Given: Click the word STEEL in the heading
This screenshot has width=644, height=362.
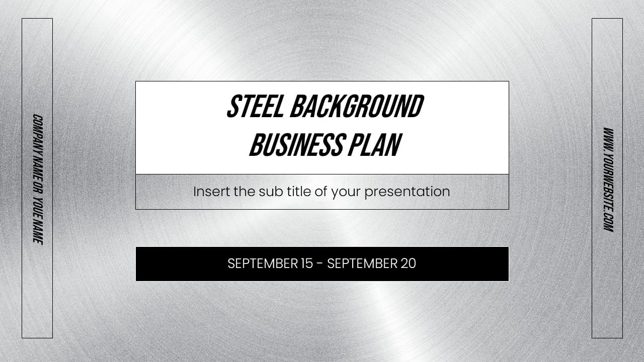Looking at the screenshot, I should [256, 107].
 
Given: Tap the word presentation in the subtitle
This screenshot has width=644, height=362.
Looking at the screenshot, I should [407, 192].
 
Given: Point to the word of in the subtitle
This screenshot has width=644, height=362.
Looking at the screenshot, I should [321, 192].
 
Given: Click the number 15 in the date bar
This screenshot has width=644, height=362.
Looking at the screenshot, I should [306, 263].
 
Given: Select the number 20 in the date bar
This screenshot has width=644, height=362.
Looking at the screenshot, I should [409, 263].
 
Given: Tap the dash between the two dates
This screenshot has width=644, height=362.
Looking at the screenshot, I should [320, 263].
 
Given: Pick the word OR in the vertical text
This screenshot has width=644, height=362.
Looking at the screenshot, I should [37, 187].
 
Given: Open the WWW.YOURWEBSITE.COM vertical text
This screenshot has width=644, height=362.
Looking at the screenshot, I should [608, 179].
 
